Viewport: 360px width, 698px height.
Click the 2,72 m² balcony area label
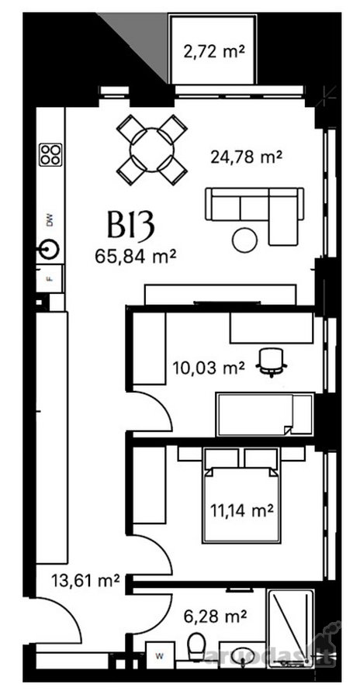[x=214, y=52]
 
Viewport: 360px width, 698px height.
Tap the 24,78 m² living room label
[x=247, y=157]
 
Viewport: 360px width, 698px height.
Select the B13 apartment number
[x=130, y=224]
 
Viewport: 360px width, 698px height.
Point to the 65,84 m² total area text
[x=134, y=257]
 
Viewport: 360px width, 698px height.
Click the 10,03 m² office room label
[x=209, y=368]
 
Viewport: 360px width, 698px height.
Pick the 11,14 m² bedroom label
[x=241, y=511]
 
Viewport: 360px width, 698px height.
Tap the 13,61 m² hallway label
[x=85, y=580]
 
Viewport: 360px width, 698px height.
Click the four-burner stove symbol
[x=50, y=155]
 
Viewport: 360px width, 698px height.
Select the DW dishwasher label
[x=50, y=220]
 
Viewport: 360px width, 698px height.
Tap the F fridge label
[x=50, y=279]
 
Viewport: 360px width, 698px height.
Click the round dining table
[x=151, y=150]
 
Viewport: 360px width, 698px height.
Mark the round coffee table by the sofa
[x=244, y=240]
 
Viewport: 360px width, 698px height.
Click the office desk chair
[x=272, y=362]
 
